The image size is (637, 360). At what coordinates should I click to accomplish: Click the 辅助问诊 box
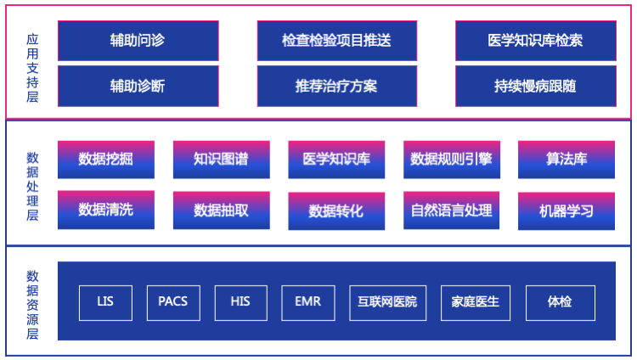coord(138,41)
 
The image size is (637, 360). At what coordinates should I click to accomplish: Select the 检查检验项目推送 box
coord(336,41)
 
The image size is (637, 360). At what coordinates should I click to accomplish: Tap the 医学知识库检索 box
coord(535,41)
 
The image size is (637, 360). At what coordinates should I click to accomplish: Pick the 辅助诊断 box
coord(138,86)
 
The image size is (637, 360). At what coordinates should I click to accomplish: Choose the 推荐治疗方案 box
coord(336,86)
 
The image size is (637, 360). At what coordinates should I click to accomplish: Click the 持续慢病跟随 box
coord(535,86)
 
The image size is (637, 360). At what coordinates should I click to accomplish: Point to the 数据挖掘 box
coord(105,160)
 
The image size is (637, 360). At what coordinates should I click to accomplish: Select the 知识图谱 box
coord(221,160)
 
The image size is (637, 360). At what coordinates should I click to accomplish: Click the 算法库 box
coord(567,160)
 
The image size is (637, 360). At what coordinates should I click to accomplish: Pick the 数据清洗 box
coord(105,210)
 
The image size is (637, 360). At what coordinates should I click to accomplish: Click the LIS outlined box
coord(105,302)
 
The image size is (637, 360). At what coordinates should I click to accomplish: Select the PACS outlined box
coord(173,302)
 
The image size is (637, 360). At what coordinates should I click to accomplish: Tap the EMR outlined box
coord(307,302)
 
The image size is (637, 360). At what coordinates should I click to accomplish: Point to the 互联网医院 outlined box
coord(388,302)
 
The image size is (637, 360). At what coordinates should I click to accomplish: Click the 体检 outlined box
coord(560,302)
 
